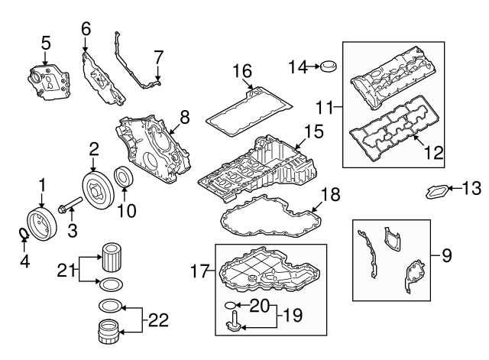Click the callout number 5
(x=45, y=43)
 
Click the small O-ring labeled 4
(x=24, y=232)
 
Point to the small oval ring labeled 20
(x=230, y=309)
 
